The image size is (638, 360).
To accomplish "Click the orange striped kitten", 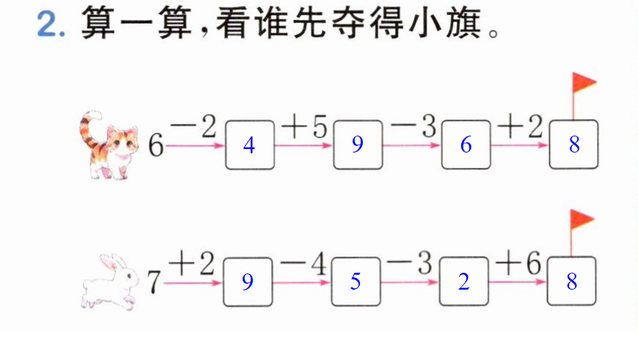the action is (x=110, y=147).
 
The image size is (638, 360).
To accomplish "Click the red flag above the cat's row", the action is (x=583, y=83).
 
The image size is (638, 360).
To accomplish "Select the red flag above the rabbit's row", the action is (x=581, y=220).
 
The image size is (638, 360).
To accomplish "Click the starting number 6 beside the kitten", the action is (x=155, y=145).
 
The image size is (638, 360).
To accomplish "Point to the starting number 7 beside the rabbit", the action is (x=154, y=282).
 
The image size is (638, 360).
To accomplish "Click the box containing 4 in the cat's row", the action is (x=250, y=145).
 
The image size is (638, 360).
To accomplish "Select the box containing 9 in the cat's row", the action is (x=358, y=144).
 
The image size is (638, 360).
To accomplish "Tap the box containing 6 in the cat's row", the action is (x=466, y=144).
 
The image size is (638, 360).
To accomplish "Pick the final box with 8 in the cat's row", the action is (x=573, y=144).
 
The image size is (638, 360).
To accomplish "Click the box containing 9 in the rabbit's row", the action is (x=248, y=282).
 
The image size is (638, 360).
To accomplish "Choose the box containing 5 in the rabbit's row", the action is (x=356, y=281).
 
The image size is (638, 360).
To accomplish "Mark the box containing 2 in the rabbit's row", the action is (x=464, y=281).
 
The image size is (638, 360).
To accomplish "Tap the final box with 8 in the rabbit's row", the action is (x=572, y=281).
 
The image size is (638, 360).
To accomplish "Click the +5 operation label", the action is (x=304, y=127).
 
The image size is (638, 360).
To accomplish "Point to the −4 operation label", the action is (x=303, y=264).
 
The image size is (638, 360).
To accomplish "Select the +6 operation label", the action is (x=518, y=262).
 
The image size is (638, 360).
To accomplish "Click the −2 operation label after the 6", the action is (x=194, y=127).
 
